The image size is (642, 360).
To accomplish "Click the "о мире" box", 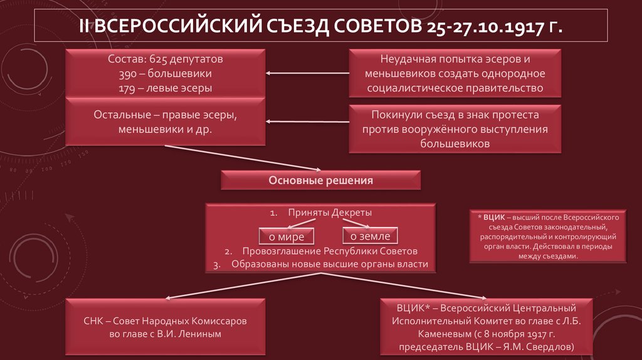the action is coord(287,236).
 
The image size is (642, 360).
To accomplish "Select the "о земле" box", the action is coord(370,236).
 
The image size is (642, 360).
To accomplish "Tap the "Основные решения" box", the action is coord(321,181).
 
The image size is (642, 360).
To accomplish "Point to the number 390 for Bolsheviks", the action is coord(128,75).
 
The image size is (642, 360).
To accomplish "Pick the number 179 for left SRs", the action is coord(128,88).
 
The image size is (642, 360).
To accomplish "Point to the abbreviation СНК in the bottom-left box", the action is coord(95,320).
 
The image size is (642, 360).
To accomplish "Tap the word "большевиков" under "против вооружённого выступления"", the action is coord(455,144).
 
